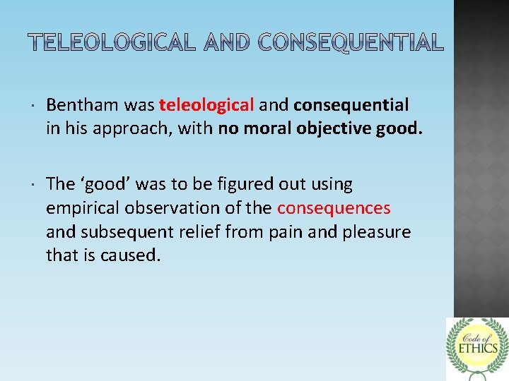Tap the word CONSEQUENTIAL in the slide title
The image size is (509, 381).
tap(351, 43)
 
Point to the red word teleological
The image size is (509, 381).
tap(206, 105)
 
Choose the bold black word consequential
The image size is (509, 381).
tap(351, 105)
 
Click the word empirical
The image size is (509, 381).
tap(79, 208)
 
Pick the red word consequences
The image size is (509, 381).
tap(334, 208)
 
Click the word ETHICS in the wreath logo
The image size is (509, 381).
tap(477, 347)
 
